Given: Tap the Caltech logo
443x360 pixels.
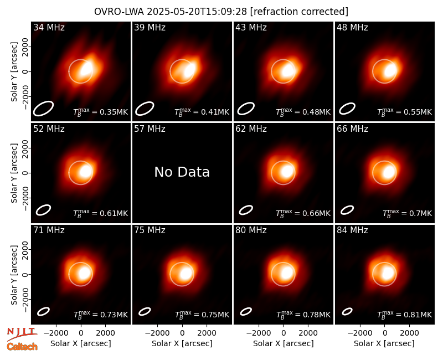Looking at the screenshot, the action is (22, 347).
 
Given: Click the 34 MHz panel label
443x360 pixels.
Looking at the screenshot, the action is (49, 27).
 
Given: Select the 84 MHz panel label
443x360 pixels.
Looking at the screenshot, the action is (352, 230).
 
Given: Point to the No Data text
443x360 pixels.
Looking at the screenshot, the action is (182, 172).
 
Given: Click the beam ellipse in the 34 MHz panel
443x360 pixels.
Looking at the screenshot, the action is (43, 109).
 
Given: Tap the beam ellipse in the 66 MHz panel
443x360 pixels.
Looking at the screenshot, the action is (347, 210).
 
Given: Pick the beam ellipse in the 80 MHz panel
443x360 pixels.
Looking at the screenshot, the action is (246, 311).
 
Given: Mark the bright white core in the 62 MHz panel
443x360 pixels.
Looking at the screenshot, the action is (287, 172).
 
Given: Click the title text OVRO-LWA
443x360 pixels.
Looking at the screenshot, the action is (119, 12).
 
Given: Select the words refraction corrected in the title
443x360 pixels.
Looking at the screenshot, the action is (299, 12).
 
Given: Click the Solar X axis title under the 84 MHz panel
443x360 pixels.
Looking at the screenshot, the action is (384, 343).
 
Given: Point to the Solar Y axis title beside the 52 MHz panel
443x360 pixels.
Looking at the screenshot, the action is (14, 173).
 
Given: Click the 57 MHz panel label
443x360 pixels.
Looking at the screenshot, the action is (150, 129).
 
